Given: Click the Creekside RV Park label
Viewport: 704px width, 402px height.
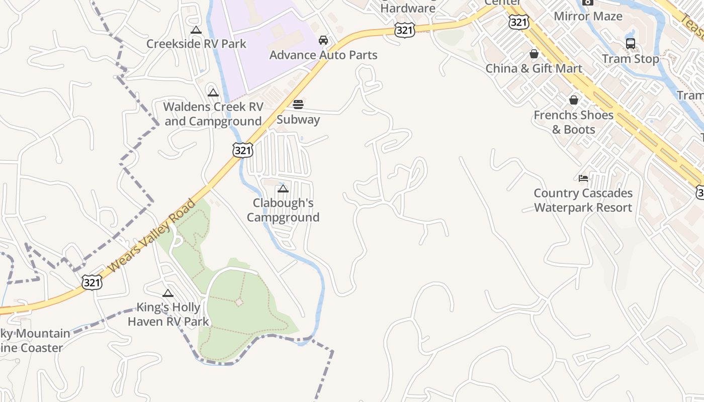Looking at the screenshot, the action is [196, 44].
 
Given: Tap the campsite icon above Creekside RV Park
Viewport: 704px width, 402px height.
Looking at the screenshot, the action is [196, 30].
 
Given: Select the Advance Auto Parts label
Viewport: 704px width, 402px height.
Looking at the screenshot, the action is [323, 55].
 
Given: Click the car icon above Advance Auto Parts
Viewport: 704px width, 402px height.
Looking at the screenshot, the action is [323, 40].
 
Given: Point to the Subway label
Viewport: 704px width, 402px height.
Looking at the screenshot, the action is [298, 120].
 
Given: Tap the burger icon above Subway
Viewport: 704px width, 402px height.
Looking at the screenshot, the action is [298, 105].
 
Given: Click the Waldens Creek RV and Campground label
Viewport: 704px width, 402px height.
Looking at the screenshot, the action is [213, 114].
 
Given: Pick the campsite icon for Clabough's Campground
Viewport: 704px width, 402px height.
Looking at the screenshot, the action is [283, 189].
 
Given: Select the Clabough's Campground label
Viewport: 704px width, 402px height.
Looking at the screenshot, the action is [283, 210].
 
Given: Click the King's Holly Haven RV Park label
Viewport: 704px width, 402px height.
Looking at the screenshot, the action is [168, 314].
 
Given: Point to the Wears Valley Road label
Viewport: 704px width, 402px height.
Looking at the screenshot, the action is [151, 236].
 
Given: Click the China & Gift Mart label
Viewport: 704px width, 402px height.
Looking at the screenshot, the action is [534, 68].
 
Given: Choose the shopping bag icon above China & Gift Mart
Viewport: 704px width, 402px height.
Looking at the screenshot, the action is [534, 54].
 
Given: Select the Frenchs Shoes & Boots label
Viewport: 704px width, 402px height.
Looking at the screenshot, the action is [573, 122].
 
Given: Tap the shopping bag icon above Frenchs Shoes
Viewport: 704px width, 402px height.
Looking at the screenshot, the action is [574, 100].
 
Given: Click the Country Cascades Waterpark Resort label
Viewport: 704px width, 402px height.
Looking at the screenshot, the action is [583, 200].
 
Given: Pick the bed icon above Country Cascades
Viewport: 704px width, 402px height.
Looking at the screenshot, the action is [583, 178].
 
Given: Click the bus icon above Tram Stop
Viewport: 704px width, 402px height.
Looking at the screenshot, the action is [631, 44].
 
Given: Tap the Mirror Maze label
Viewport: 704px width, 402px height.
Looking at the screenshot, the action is [588, 16].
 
